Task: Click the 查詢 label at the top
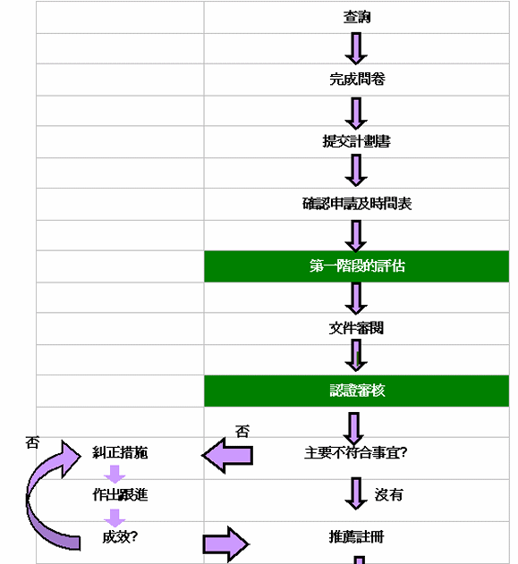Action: click(x=357, y=17)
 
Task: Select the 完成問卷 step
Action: click(x=357, y=80)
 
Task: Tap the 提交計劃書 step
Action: click(x=357, y=141)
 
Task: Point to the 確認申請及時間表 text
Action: click(x=357, y=204)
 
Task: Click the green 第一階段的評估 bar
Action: click(x=357, y=266)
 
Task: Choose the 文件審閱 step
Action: click(x=357, y=328)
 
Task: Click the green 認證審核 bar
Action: click(x=357, y=391)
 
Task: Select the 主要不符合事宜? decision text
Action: click(x=357, y=452)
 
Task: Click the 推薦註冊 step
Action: click(x=357, y=537)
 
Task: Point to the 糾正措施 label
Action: click(x=120, y=452)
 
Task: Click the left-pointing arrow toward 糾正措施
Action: click(x=227, y=455)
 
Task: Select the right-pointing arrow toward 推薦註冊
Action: click(x=226, y=543)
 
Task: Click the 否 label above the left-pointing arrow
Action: click(x=242, y=431)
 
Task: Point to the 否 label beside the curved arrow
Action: click(x=33, y=442)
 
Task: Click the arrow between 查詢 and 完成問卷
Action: click(x=357, y=48)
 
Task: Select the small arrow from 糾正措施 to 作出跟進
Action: click(x=115, y=474)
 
